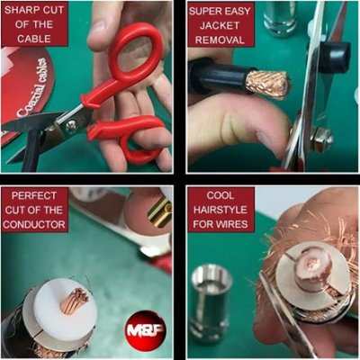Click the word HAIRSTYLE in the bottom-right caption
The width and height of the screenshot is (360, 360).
pyautogui.click(x=220, y=209)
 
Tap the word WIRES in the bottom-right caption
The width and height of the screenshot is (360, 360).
pyautogui.click(x=220, y=222)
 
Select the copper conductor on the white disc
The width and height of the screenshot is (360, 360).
pyautogui.click(x=74, y=301)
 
